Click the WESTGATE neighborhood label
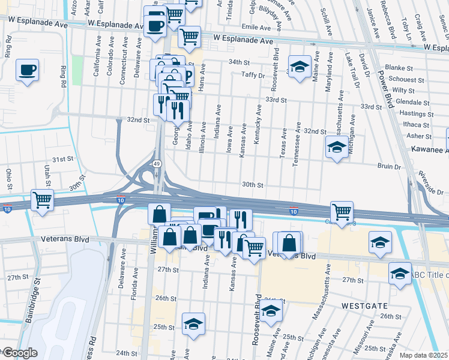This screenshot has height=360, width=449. coord(364,305)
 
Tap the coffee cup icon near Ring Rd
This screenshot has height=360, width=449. coord(28,70)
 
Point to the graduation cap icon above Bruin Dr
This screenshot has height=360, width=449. coord(337,146)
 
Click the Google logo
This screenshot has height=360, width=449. coord(19,353)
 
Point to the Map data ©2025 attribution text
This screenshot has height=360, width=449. coord(423,355)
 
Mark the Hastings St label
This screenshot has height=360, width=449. coord(416,113)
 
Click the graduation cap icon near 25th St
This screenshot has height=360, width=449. coord(193,323)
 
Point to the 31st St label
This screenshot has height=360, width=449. coord(62,160)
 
